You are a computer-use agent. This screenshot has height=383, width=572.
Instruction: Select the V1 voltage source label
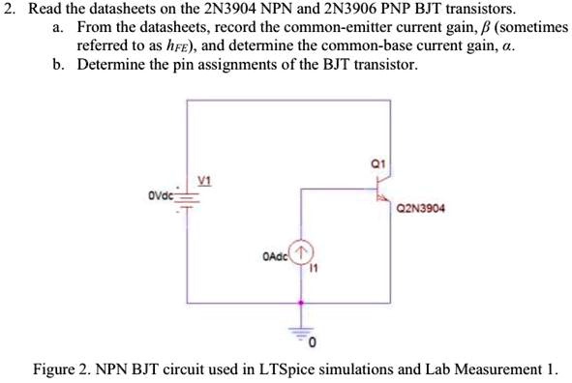point(204,180)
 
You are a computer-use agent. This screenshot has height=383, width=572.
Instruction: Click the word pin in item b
point(166,66)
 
